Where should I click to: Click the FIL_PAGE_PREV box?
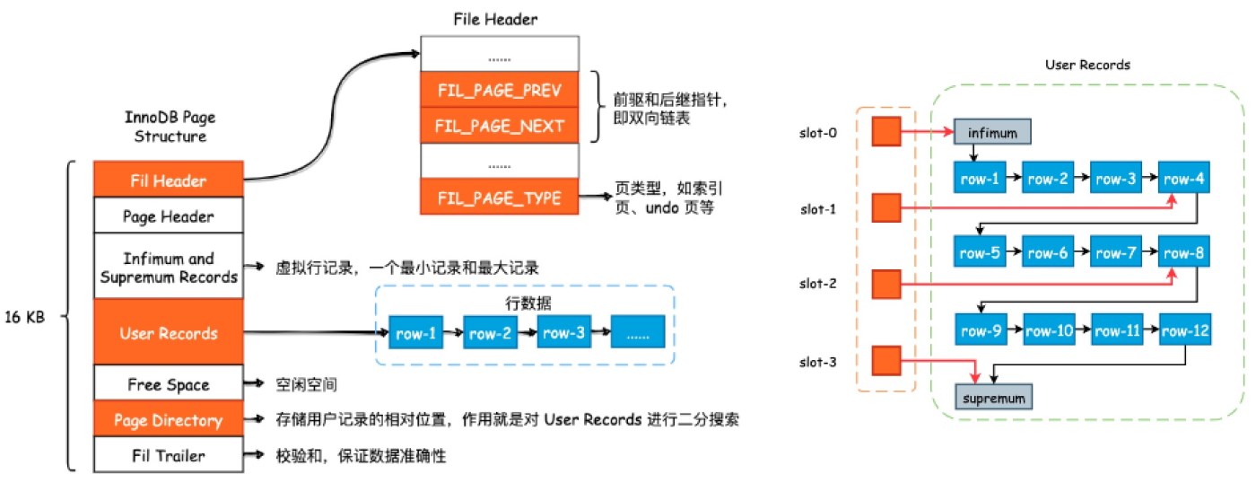click(x=500, y=91)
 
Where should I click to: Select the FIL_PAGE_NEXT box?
click(x=500, y=125)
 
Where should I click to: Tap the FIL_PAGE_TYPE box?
click(x=500, y=197)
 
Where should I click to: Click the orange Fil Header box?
click(x=168, y=180)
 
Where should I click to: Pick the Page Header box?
click(x=168, y=216)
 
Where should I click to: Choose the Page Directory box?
click(x=168, y=420)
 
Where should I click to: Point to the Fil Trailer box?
click(x=168, y=455)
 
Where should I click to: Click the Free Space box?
click(x=168, y=384)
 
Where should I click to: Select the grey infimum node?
click(x=992, y=134)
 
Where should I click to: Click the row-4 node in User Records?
click(x=1184, y=179)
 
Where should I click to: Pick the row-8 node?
click(x=1184, y=253)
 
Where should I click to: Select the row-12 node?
click(x=1184, y=330)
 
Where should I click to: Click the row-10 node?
click(x=1050, y=330)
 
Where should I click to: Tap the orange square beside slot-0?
click(x=885, y=132)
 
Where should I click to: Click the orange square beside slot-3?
click(x=885, y=361)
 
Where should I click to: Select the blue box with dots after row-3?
click(x=637, y=333)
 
